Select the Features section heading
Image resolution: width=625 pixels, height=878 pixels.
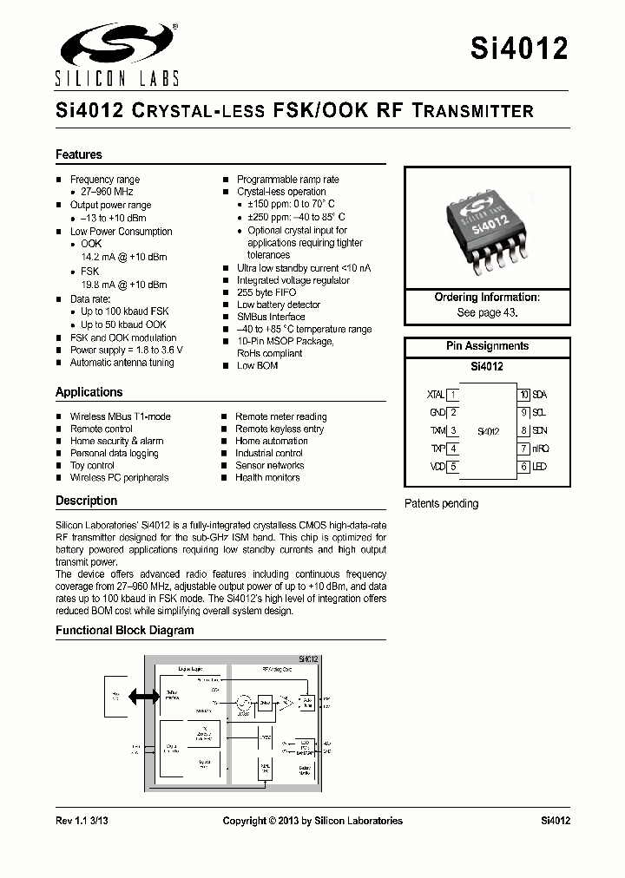click(x=79, y=154)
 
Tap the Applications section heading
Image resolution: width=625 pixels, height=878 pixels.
click(x=89, y=392)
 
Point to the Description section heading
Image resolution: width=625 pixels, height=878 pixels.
click(x=86, y=501)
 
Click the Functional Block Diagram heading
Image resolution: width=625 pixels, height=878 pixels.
click(x=125, y=631)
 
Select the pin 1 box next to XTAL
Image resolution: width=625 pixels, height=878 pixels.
click(x=452, y=395)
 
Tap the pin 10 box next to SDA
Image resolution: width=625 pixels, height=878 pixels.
click(x=523, y=395)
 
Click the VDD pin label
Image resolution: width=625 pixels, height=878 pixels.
click(x=437, y=467)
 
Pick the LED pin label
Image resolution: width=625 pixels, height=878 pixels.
click(x=539, y=467)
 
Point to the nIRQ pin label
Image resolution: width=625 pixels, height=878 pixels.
click(x=541, y=449)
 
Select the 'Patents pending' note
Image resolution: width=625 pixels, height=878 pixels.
click(x=441, y=504)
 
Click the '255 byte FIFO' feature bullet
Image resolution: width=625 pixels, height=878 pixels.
click(x=266, y=292)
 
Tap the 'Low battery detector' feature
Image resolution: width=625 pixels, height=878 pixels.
click(x=279, y=305)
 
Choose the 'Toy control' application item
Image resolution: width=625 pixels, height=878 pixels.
click(x=92, y=465)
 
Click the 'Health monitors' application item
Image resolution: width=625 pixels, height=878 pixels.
click(x=267, y=477)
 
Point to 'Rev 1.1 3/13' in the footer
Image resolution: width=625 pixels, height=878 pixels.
click(x=84, y=821)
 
